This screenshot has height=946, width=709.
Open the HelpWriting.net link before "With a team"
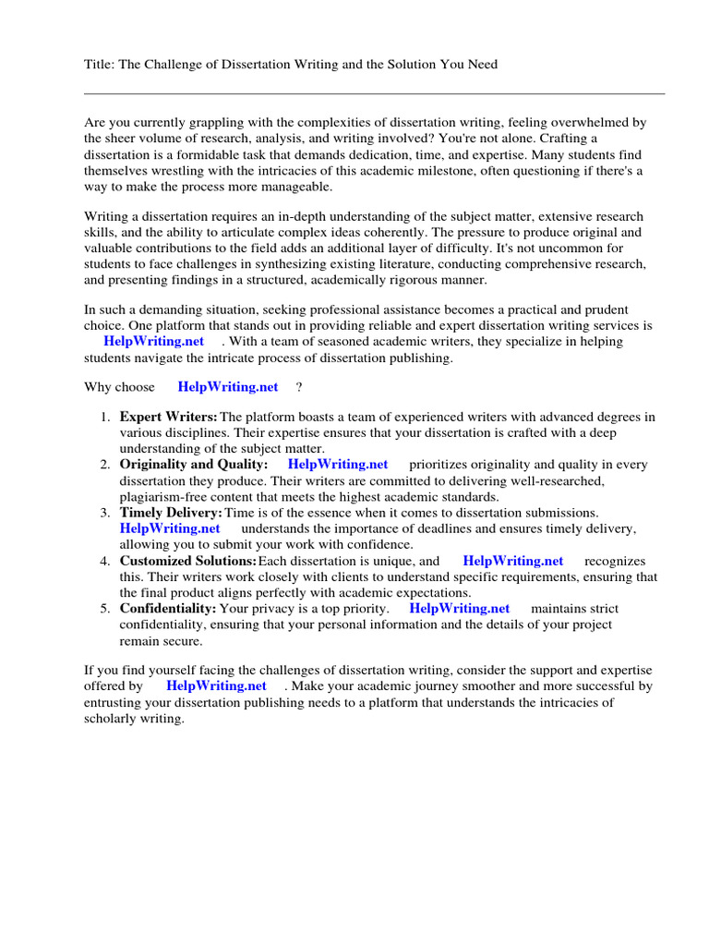tap(153, 342)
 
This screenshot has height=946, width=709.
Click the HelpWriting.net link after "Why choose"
tap(227, 387)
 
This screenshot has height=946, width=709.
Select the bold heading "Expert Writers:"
tap(169, 417)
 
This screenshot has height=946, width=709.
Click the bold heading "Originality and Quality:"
tap(194, 465)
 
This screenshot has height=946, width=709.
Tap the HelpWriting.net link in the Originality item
tap(338, 465)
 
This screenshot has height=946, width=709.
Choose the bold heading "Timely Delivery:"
tap(171, 513)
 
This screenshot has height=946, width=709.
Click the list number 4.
tap(104, 561)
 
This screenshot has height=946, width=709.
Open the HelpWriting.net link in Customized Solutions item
tap(512, 561)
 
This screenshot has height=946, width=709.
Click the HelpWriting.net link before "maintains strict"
tap(459, 609)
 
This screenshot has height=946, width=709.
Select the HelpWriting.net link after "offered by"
tap(216, 686)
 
